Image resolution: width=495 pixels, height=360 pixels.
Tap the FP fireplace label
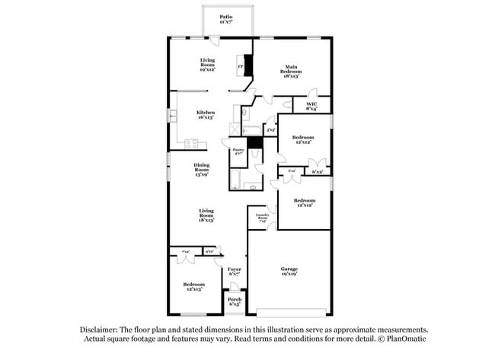click(x=241, y=67)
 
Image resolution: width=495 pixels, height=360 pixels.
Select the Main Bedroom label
click(x=291, y=68)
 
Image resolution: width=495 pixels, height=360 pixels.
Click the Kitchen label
click(x=206, y=114)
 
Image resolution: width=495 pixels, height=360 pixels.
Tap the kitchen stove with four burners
click(x=191, y=143)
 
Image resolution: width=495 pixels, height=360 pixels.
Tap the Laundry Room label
click(x=263, y=217)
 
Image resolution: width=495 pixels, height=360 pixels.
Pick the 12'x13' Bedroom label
click(x=193, y=286)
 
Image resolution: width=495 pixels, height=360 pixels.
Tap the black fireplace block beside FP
click(x=247, y=64)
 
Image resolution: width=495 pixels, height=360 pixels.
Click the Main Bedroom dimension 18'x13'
click(x=291, y=76)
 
